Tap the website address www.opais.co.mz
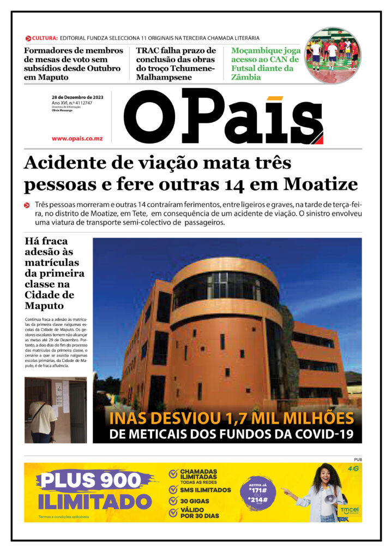pos(77,139)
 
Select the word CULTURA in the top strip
pos(45,38)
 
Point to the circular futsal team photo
pos(332,56)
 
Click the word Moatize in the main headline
pos(324,184)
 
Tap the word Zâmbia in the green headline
pos(246,78)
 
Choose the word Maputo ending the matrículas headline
pos(45,305)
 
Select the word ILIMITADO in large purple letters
pos(94,501)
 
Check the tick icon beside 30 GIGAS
pos(173,501)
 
